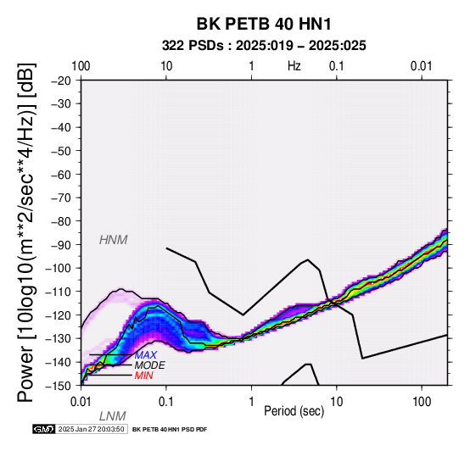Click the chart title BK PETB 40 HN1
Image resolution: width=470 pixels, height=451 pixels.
pyautogui.click(x=264, y=24)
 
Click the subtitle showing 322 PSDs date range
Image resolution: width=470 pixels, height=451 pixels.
pyautogui.click(x=264, y=46)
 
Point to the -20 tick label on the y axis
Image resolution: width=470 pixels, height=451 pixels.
pyautogui.click(x=61, y=81)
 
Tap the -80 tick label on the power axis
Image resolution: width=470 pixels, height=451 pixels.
pyautogui.click(x=61, y=221)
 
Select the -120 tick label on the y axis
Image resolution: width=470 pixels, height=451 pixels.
pyautogui.click(x=59, y=315)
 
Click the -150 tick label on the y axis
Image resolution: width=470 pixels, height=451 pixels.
pyautogui.click(x=59, y=386)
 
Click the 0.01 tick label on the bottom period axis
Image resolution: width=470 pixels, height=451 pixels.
pyautogui.click(x=81, y=402)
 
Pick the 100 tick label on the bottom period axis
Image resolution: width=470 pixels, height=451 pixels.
pyautogui.click(x=422, y=402)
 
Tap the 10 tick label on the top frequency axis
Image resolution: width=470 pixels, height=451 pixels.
pyautogui.click(x=166, y=66)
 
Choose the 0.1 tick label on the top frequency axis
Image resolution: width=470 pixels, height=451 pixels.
pyautogui.click(x=336, y=66)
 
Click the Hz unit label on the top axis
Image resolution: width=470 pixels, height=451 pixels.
pyautogui.click(x=294, y=66)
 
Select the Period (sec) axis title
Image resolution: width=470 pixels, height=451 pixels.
pyautogui.click(x=294, y=411)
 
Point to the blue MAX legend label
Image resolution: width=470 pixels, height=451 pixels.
pyautogui.click(x=146, y=355)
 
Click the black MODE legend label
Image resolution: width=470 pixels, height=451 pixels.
pyautogui.click(x=150, y=365)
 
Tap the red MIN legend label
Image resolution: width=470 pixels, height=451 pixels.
pyautogui.click(x=144, y=376)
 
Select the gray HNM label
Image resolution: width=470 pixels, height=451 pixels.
pyautogui.click(x=114, y=240)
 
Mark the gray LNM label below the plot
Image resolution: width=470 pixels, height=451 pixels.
pyautogui.click(x=112, y=416)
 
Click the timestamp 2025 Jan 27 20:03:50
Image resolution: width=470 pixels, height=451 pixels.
pyautogui.click(x=91, y=429)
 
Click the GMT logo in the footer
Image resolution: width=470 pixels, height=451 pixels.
pyautogui.click(x=44, y=429)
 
